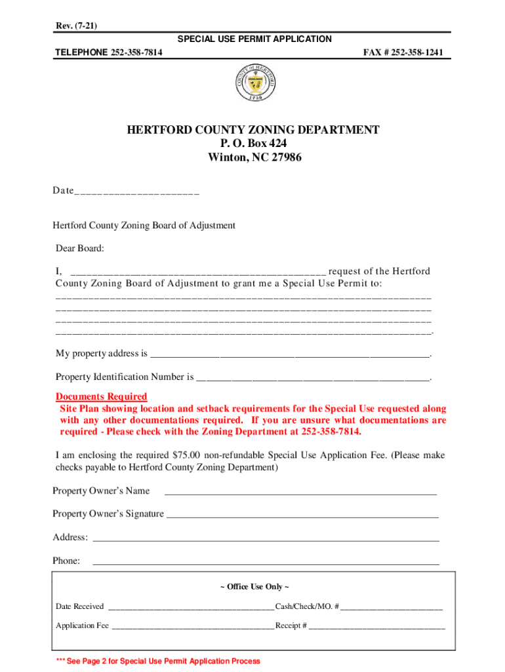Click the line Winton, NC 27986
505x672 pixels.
(x=254, y=157)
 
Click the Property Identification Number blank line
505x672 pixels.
(x=313, y=379)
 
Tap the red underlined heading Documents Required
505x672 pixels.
(x=102, y=396)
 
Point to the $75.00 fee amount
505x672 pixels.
(x=186, y=455)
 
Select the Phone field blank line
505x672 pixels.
(x=266, y=562)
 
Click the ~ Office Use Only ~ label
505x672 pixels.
(x=254, y=587)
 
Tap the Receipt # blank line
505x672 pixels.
(x=376, y=627)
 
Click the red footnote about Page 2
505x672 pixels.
(x=158, y=661)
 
